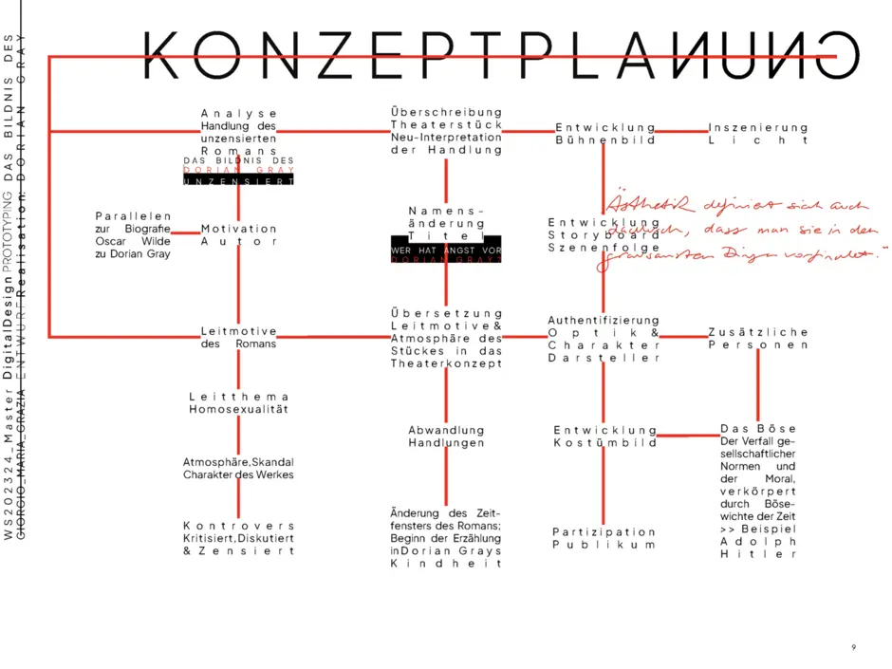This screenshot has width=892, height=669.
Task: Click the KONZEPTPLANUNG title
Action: click(x=490, y=55)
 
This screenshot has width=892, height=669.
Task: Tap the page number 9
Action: click(x=853, y=647)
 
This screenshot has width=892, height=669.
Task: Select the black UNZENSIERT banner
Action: click(x=238, y=180)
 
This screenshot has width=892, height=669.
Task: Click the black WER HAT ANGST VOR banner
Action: click(x=446, y=250)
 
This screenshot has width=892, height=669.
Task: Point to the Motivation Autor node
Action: click(x=238, y=235)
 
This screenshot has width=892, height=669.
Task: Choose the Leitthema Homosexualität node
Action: click(x=238, y=403)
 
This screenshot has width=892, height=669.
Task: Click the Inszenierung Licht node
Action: click(x=758, y=134)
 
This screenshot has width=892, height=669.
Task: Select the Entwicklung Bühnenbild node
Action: click(x=605, y=134)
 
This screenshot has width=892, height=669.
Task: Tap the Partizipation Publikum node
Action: click(x=604, y=539)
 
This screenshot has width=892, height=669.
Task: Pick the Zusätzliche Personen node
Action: click(x=758, y=339)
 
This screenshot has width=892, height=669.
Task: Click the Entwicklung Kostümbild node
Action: click(x=604, y=437)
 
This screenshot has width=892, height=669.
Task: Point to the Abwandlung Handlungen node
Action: click(x=446, y=437)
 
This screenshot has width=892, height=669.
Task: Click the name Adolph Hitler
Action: click(x=758, y=548)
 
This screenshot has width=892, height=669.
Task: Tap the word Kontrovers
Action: click(x=238, y=525)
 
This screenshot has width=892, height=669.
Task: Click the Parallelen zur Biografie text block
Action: click(x=133, y=235)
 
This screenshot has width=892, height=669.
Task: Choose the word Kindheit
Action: click(x=445, y=564)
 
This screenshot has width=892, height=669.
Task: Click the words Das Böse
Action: click(x=758, y=429)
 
